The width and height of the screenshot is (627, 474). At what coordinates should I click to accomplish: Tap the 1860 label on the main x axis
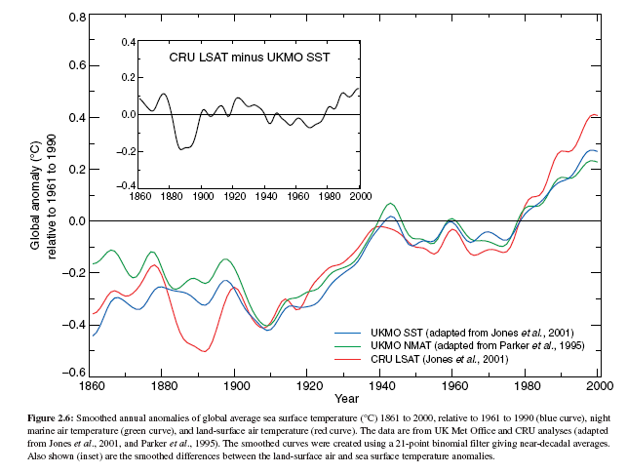click(92, 386)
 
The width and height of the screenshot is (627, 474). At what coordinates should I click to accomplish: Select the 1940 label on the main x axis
click(381, 386)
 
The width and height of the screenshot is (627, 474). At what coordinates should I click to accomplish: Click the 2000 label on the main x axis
click(599, 386)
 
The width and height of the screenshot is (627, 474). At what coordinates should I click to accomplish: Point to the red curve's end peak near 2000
click(595, 115)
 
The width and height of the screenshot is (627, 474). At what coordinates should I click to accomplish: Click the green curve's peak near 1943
click(391, 203)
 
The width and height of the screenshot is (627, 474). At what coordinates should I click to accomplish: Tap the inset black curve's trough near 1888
click(181, 149)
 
